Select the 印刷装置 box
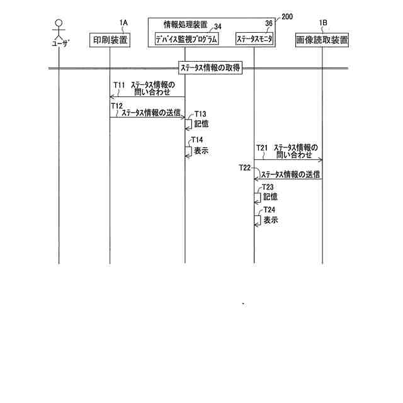(x=111, y=40)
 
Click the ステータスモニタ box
(x=254, y=40)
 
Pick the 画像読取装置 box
(x=322, y=40)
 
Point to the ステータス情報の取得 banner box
(x=210, y=68)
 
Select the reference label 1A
(x=123, y=23)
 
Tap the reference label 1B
(x=324, y=23)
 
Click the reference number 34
(x=217, y=26)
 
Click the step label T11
(x=119, y=84)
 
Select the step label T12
(x=116, y=106)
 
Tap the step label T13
(x=199, y=114)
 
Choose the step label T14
(x=197, y=140)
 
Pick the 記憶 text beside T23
(x=271, y=196)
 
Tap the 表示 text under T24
(x=271, y=220)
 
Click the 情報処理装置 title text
(x=179, y=25)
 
